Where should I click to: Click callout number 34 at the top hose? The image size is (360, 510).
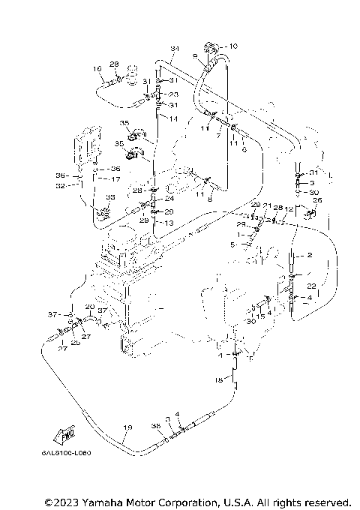tap(175, 49)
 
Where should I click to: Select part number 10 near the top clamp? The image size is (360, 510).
tap(232, 46)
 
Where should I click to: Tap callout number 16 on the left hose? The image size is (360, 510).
tap(97, 69)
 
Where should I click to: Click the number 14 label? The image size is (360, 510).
tap(173, 119)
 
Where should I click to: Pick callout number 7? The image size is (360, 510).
tap(218, 136)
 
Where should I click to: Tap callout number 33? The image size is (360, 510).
tap(109, 197)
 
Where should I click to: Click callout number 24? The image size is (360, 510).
tap(169, 199)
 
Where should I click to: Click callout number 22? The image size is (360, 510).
tap(311, 286)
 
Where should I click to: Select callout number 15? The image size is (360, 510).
tap(261, 316)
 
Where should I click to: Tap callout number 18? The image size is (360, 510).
tap(219, 381)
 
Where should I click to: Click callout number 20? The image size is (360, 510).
tap(89, 307)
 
